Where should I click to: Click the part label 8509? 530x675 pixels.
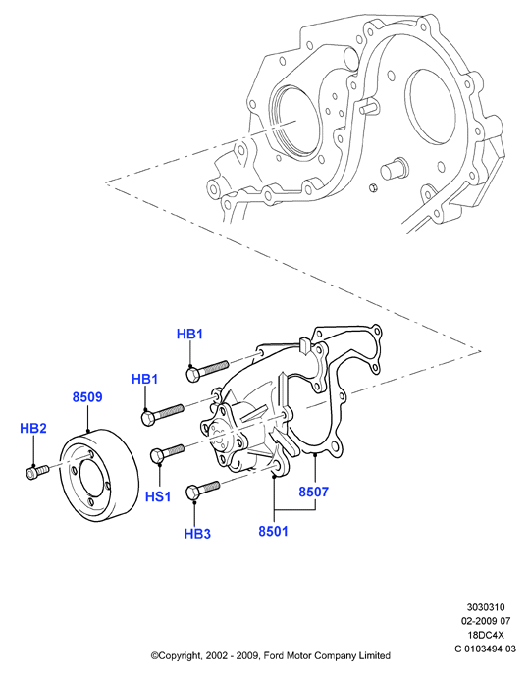87,397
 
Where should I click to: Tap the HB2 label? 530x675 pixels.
33,428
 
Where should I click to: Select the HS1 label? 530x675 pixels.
158,496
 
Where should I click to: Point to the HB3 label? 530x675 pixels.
197,534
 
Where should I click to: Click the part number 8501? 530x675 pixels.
273,531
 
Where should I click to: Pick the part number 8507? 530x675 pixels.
314,492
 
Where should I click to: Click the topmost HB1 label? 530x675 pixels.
189,334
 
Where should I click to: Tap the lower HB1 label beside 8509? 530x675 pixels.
144,379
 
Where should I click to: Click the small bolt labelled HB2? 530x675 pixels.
37,471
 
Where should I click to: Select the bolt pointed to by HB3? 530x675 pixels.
202,490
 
